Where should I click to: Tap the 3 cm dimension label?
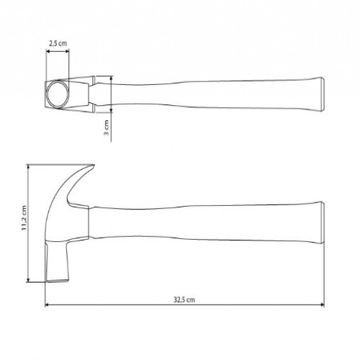tap(107, 129)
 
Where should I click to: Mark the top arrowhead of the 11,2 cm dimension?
tap(30, 166)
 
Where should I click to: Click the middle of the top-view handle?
tap(216, 94)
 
